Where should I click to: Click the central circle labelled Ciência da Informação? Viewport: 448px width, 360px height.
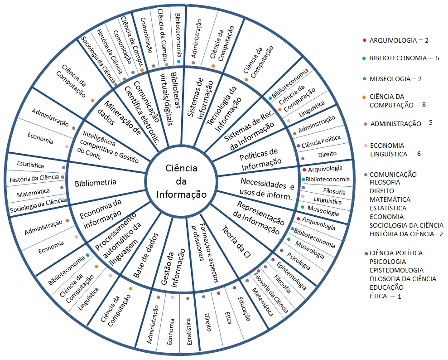pyautogui.click(x=181, y=181)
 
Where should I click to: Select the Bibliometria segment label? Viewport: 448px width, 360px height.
pyautogui.click(x=95, y=182)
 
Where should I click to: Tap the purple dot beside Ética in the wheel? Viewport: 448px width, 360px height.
pyautogui.click(x=219, y=293)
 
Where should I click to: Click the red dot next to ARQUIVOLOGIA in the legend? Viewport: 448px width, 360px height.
pyautogui.click(x=365, y=41)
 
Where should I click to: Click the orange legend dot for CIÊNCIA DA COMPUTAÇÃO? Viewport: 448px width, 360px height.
pyautogui.click(x=365, y=96)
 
